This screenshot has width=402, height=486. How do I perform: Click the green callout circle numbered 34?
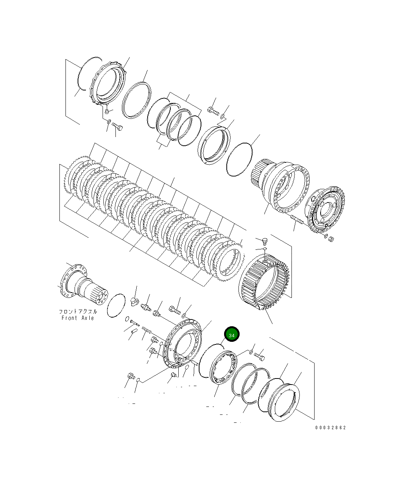(232, 335)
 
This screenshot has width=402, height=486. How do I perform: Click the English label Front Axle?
(78, 318)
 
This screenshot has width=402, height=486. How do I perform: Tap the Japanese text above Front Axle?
(78, 312)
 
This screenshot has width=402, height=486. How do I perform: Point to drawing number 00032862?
(330, 428)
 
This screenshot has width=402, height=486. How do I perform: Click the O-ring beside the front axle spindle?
(116, 305)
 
